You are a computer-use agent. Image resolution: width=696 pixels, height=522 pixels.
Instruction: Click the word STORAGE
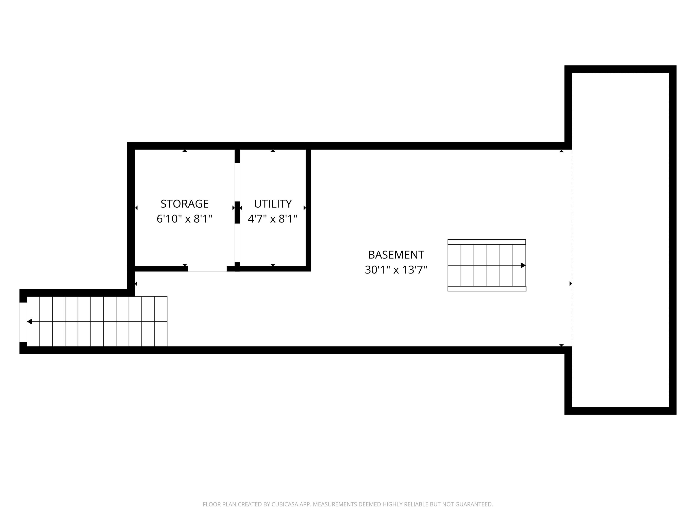coord(184,204)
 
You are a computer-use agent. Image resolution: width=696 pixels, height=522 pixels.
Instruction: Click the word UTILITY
coord(273,204)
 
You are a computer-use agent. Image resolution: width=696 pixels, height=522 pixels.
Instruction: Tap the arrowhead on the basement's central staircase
coord(523,265)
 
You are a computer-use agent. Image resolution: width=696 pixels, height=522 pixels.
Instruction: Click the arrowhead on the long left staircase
coord(30,322)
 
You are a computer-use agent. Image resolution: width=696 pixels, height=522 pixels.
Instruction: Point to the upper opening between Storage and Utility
coord(237,182)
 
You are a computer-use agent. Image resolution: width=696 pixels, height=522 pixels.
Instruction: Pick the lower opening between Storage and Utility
coord(237,243)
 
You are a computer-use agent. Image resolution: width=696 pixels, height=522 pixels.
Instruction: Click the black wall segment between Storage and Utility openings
coord(237,212)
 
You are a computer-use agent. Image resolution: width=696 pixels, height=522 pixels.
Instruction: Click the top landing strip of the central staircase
coord(487,242)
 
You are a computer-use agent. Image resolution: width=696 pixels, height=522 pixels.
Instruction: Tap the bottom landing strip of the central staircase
coord(487,289)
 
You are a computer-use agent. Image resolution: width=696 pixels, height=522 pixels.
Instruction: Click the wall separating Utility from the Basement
coord(308,208)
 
